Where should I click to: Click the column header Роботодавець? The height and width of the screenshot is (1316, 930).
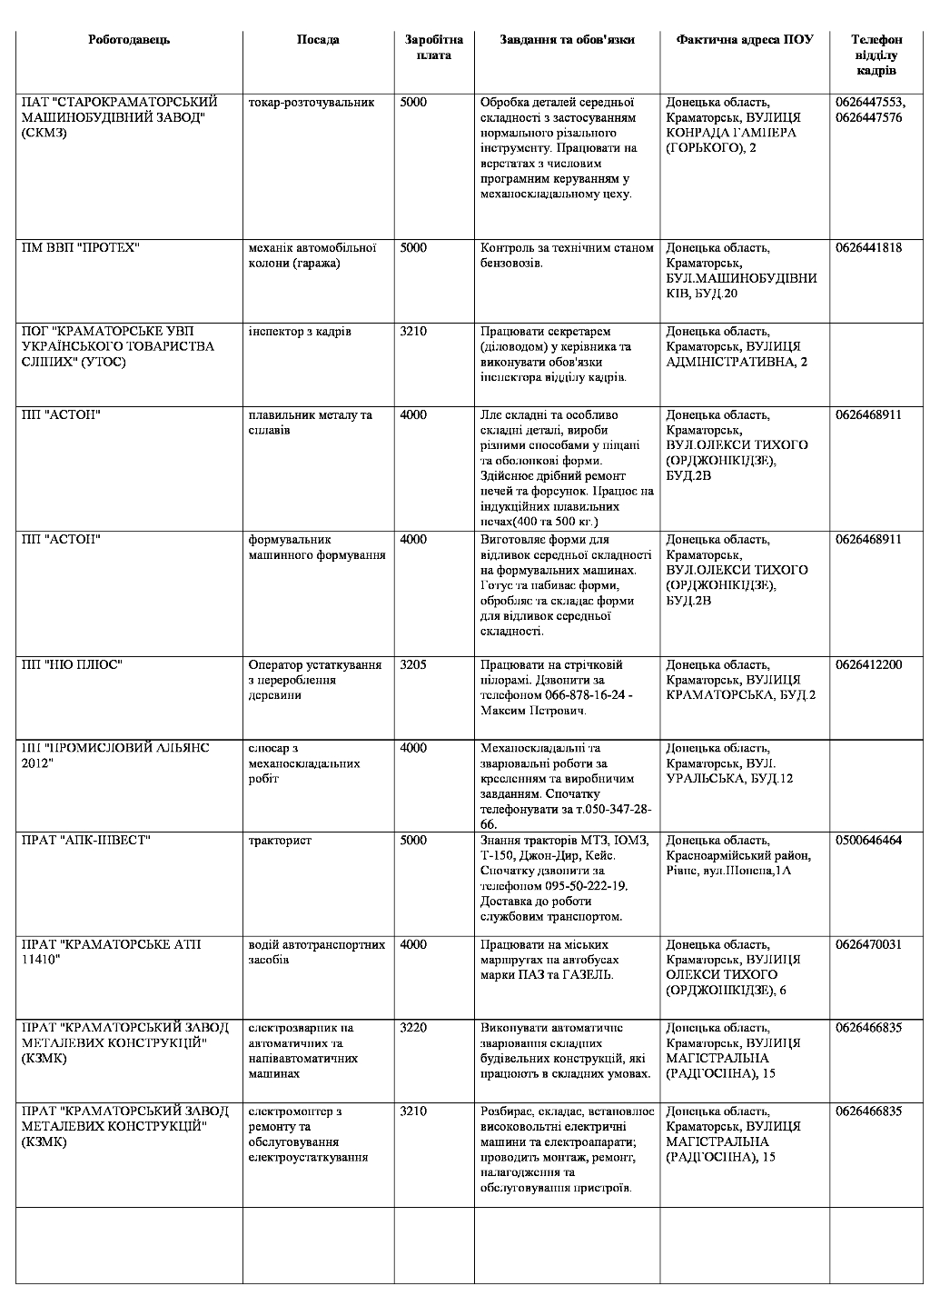(129, 40)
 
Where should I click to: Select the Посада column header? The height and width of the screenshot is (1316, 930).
(318, 40)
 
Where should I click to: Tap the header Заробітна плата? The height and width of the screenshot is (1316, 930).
(434, 47)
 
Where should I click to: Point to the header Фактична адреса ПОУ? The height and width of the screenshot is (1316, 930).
(745, 40)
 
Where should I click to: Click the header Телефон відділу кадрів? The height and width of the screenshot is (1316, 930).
(876, 55)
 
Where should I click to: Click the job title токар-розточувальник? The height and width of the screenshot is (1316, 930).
(311, 103)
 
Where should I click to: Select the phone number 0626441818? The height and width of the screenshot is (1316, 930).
(868, 248)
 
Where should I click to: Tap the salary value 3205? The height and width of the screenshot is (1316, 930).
(413, 665)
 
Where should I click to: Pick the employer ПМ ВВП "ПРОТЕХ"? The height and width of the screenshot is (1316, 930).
(80, 248)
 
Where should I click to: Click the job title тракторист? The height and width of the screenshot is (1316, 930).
(280, 841)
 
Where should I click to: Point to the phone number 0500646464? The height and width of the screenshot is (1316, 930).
(868, 841)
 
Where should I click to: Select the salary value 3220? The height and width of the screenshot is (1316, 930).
(413, 1028)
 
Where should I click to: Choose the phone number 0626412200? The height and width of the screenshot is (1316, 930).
(868, 665)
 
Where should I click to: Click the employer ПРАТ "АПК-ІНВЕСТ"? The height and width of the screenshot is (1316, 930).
(86, 841)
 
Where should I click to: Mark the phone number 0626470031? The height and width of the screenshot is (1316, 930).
(868, 945)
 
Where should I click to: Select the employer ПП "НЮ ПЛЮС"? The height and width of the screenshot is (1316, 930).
(73, 665)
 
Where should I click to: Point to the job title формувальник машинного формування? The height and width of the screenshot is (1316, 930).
(316, 547)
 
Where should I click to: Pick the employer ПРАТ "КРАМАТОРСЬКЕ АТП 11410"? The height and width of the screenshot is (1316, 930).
(111, 952)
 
